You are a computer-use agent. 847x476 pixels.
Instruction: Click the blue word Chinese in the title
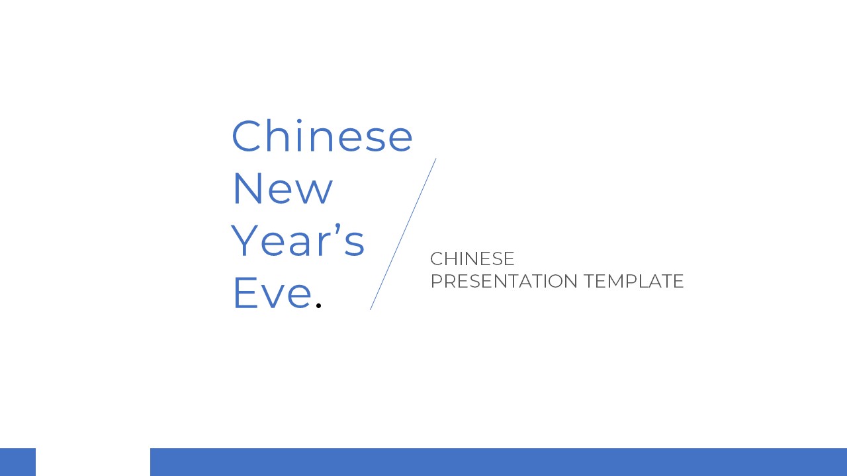click(322, 136)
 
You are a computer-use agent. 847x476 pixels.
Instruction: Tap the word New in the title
click(282, 188)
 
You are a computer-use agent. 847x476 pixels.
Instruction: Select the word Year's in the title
click(298, 241)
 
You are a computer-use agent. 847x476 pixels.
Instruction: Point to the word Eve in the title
click(272, 293)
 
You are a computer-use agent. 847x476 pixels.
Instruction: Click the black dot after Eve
click(318, 305)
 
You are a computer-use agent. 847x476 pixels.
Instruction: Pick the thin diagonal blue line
click(403, 234)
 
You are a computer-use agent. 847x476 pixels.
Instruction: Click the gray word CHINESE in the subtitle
click(472, 258)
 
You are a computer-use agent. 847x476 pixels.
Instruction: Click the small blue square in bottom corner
click(17, 462)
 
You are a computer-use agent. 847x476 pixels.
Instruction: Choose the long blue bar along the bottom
click(498, 462)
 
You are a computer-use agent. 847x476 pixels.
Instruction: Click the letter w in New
click(317, 192)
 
